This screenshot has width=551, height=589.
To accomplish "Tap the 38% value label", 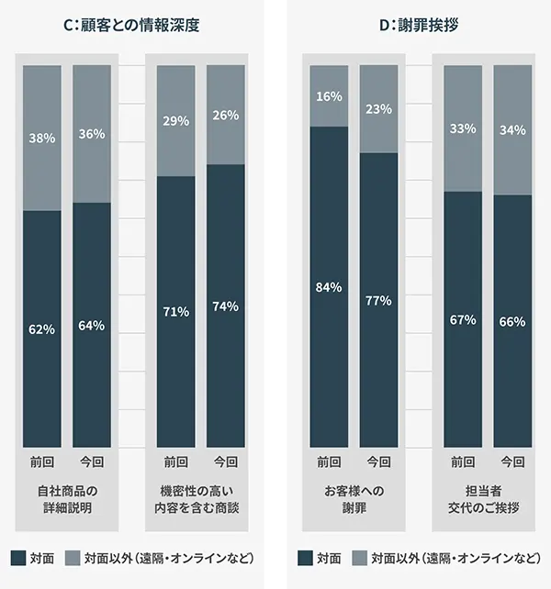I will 42,139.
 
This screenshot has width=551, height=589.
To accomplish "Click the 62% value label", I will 42,328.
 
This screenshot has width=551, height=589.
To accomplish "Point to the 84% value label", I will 329,287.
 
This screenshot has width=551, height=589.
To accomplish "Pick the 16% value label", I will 329,95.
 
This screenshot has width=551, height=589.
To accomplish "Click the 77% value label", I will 378,300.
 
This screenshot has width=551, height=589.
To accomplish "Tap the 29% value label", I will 176,120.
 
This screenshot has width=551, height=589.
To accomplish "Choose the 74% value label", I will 225,307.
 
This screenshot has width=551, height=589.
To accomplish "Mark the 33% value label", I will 463,128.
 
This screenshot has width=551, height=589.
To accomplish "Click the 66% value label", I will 512,321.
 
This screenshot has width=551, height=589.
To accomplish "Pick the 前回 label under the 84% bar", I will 329,461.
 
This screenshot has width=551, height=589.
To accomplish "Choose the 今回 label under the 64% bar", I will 92,461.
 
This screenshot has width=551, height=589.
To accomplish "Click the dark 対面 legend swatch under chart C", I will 18,557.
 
